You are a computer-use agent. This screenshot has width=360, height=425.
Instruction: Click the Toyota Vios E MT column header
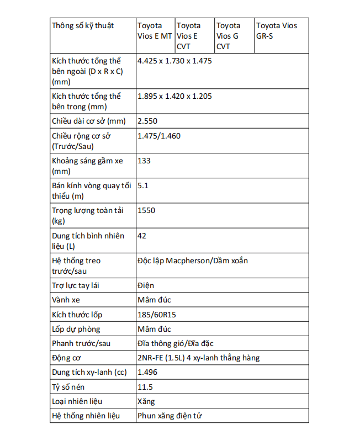pos(155,31)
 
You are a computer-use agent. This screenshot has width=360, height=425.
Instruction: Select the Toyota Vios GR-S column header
pos(277,31)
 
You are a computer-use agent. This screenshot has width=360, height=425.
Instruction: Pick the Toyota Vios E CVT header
pos(189,36)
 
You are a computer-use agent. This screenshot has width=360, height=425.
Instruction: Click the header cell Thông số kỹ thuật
pos(83,26)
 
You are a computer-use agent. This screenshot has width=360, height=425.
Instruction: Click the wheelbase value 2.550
pos(147,121)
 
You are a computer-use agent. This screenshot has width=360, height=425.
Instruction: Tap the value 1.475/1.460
pos(159,136)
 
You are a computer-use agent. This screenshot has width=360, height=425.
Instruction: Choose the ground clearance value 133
pos(144,161)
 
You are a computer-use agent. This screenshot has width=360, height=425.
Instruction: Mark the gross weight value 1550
pos(146,210)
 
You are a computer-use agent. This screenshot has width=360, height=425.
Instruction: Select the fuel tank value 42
pos(142,236)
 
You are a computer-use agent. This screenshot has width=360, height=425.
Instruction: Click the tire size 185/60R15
pos(160,315)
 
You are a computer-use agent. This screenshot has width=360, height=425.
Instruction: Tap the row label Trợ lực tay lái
pos(75,286)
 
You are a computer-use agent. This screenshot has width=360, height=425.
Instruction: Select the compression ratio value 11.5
pos(145,387)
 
